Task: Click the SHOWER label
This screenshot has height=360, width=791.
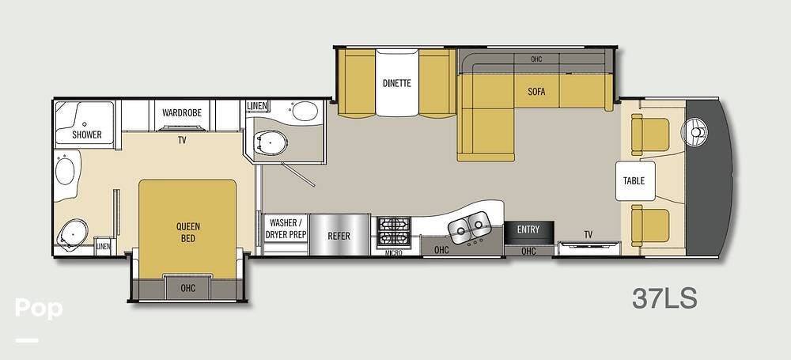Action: pos(87,135)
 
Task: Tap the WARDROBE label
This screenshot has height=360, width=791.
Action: pos(182,113)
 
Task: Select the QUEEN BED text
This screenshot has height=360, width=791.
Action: pos(188,231)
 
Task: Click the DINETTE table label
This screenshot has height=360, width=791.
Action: pos(396,83)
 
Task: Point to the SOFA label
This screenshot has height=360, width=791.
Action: pos(536,91)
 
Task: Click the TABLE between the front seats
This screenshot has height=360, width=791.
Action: pos(634,180)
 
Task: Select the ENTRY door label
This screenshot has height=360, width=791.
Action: pos(528,229)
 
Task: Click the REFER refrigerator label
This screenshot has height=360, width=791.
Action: pos(339,236)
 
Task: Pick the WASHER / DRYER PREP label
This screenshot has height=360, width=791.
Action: pos(286,229)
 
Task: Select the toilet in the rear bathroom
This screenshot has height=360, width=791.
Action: pos(74,233)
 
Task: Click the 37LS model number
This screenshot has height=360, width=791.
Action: pos(664,299)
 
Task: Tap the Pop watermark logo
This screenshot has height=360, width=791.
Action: pos(38,309)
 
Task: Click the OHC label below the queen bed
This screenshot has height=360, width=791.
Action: pos(187,287)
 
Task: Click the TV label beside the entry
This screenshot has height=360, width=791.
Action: pos(588,234)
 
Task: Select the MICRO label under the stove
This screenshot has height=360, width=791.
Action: pos(394,252)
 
